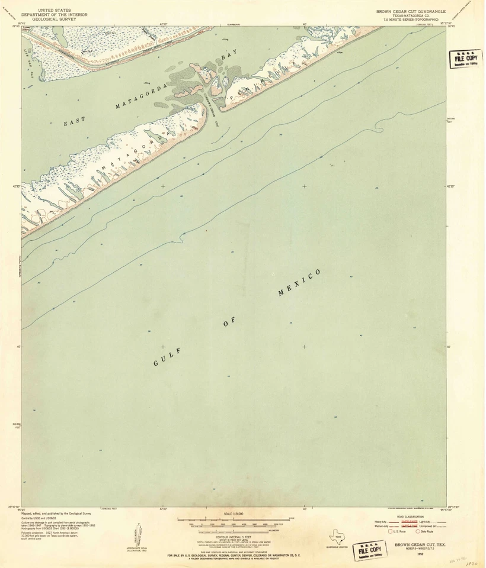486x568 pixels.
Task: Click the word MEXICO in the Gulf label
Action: [300, 283]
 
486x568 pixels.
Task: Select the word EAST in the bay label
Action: [75, 122]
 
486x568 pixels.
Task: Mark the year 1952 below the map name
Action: [420, 554]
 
